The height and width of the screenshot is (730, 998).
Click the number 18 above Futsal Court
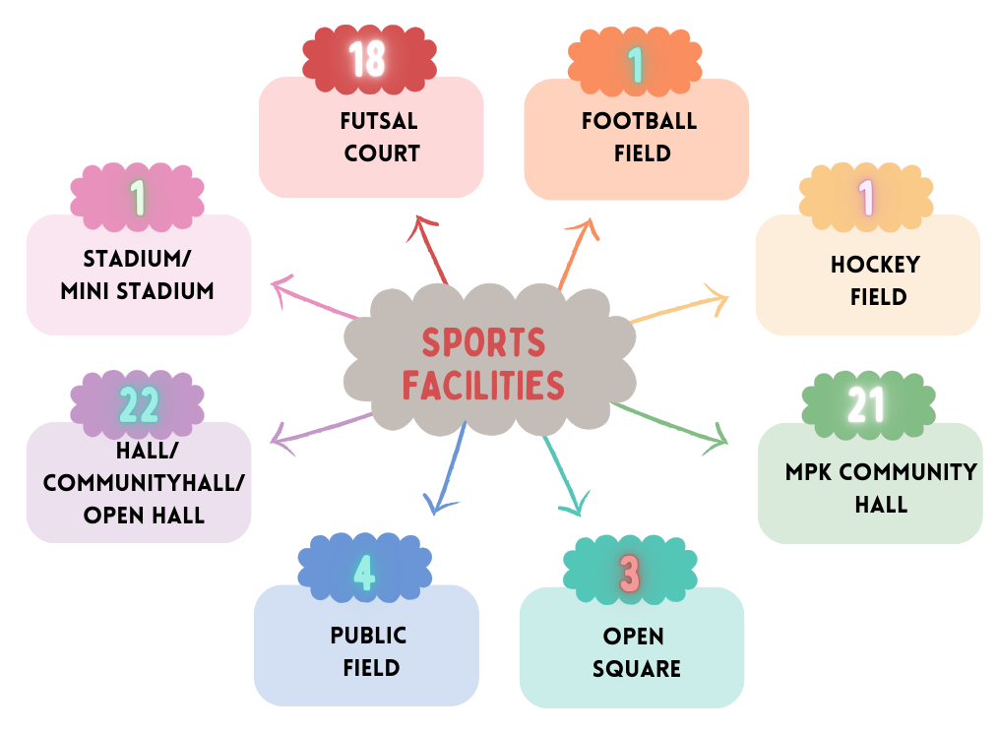(367, 58)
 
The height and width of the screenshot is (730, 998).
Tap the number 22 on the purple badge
(139, 404)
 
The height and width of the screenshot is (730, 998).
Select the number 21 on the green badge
(867, 404)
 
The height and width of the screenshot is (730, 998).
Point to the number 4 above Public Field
(364, 573)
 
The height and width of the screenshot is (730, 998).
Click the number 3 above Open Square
(631, 575)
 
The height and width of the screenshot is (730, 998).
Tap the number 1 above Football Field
(636, 65)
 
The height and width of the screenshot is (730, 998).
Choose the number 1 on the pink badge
(138, 198)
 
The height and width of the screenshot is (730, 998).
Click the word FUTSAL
(380, 122)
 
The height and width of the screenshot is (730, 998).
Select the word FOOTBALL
(639, 122)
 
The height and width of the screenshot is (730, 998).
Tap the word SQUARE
(636, 669)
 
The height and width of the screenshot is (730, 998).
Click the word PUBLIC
(369, 636)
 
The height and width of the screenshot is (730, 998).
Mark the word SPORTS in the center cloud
(483, 343)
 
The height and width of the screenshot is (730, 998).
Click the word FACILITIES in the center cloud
(483, 384)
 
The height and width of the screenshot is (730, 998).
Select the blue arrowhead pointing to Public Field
(434, 506)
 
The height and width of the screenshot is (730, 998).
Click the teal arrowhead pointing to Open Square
(571, 507)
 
